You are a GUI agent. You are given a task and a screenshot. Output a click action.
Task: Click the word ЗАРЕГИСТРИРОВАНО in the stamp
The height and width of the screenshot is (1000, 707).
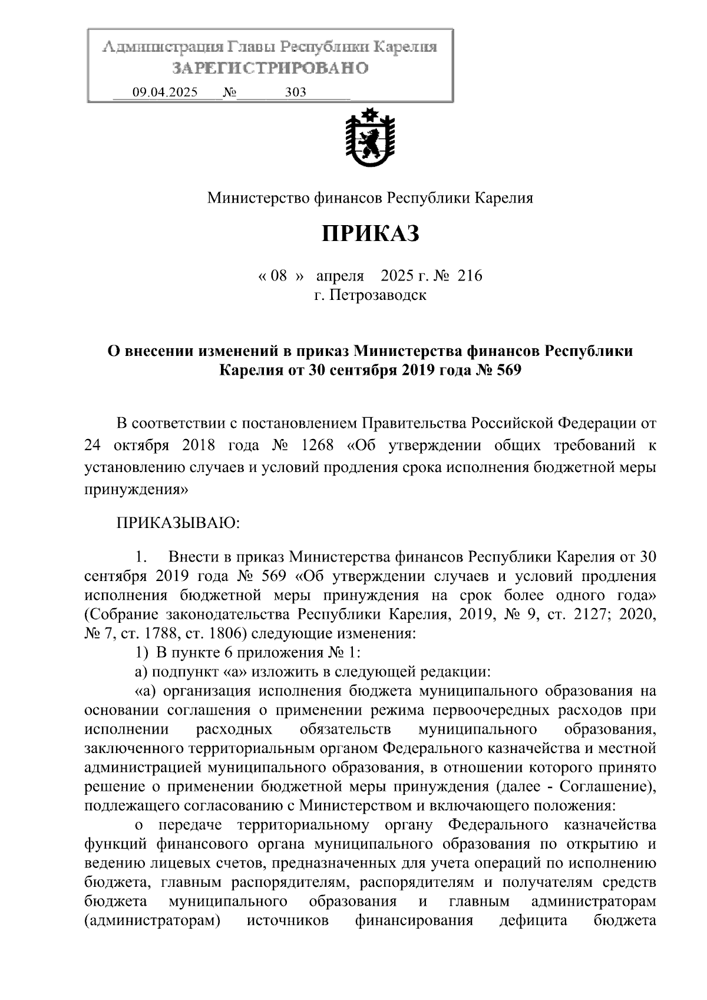[270, 68]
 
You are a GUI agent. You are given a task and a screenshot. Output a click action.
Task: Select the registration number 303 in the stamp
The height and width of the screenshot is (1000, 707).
[295, 93]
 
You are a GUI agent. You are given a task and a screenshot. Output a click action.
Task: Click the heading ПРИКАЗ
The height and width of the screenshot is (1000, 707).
[370, 234]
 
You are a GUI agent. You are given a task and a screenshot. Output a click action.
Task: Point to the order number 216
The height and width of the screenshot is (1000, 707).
[469, 275]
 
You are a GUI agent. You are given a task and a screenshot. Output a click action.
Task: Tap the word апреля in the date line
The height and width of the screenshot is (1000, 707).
[340, 275]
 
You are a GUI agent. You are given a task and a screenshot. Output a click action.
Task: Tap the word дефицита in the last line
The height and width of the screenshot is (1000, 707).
[533, 921]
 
